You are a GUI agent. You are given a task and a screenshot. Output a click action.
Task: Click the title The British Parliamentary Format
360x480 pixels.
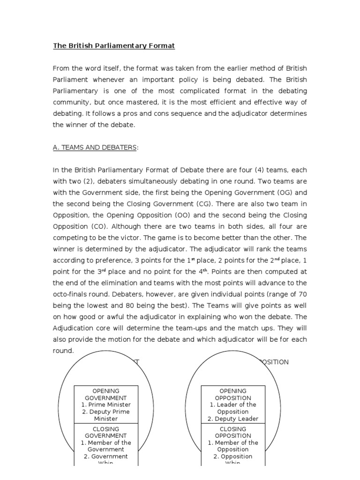pyautogui.click(x=113, y=46)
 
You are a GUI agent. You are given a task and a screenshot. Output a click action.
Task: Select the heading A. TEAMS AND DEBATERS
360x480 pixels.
pyautogui.click(x=95, y=148)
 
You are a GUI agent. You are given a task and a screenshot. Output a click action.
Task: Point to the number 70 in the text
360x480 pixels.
pyautogui.click(x=302, y=294)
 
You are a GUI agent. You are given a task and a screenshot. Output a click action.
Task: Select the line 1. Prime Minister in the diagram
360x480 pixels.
pyautogui.click(x=106, y=405)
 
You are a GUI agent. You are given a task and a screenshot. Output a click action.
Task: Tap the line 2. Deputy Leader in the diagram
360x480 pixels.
pyautogui.click(x=233, y=419)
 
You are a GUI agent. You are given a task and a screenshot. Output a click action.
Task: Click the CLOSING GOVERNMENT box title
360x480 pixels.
pyautogui.click(x=106, y=432)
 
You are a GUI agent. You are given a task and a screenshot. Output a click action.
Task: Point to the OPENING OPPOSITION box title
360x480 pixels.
pyautogui.click(x=233, y=394)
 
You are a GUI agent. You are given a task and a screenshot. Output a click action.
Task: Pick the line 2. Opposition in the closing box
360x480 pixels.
pyautogui.click(x=233, y=456)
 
